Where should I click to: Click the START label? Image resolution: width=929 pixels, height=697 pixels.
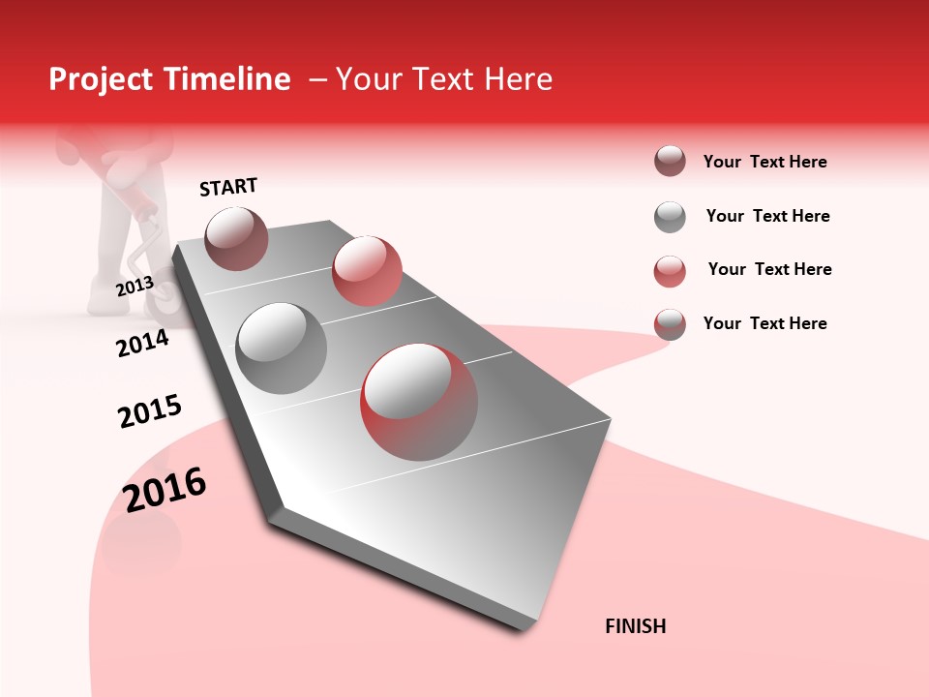tap(228, 187)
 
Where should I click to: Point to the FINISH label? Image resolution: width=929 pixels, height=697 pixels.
tap(635, 626)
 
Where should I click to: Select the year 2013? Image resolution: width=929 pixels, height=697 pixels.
tap(135, 286)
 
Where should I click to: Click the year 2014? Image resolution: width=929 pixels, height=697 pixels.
tap(142, 343)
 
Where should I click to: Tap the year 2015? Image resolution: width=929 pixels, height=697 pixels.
tap(150, 411)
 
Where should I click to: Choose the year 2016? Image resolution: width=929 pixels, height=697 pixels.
tap(165, 489)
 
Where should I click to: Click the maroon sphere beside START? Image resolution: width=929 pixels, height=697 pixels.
tap(236, 238)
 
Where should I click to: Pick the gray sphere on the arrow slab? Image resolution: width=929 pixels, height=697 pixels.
tap(281, 348)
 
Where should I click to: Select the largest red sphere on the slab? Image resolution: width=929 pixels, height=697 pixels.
tap(419, 402)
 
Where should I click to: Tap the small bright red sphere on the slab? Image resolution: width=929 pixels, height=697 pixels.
tap(367, 270)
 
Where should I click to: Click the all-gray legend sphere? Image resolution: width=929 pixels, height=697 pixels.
tap(670, 217)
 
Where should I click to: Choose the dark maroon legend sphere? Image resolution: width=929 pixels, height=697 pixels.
tap(670, 162)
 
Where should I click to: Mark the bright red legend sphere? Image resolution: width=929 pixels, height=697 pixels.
tap(670, 271)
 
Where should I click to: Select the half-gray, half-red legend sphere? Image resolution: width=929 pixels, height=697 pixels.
tap(670, 324)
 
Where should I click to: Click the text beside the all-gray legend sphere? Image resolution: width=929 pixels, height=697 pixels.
tap(767, 216)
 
